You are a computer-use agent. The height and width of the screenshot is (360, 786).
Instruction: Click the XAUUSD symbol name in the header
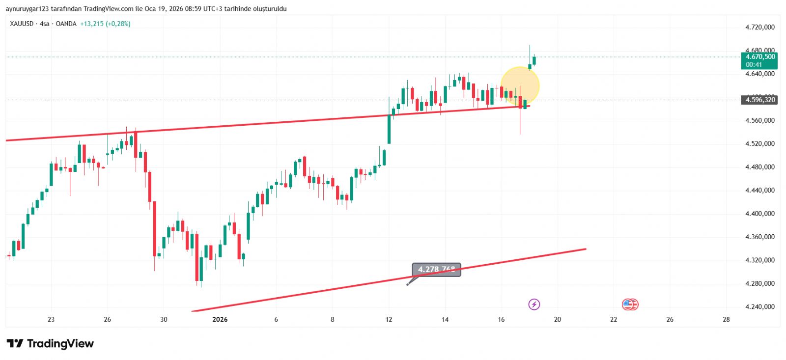[x=22, y=24]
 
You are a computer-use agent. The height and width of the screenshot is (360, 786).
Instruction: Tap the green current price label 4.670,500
[x=759, y=57]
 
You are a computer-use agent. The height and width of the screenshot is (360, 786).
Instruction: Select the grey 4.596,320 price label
[x=759, y=100]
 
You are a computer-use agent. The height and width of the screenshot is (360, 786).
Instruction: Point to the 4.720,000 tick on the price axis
[x=759, y=28]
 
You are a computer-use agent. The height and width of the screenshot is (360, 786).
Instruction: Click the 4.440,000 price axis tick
[x=759, y=191]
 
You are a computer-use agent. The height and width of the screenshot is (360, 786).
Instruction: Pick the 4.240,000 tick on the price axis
[x=759, y=307]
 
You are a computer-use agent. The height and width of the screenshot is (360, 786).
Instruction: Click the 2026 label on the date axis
[x=220, y=320]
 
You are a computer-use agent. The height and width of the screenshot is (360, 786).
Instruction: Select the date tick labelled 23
[x=51, y=320]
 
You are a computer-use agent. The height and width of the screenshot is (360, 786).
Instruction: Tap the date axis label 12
[x=389, y=320]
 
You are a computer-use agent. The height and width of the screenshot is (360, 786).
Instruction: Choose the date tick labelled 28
[x=726, y=320]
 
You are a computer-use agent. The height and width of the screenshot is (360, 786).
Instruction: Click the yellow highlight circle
[x=520, y=86]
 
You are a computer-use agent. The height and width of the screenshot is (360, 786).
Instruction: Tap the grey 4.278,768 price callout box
[x=436, y=270]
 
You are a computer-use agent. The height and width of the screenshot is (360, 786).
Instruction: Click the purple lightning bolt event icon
[x=534, y=305]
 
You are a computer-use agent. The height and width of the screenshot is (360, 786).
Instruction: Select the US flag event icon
[x=629, y=305]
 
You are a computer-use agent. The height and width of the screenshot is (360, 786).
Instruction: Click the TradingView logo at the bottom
[x=50, y=344]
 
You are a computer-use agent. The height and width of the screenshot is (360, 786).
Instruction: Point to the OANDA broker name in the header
[x=66, y=24]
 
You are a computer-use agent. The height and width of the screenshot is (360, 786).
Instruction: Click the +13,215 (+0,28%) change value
[x=105, y=24]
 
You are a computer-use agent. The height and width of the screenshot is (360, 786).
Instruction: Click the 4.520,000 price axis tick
[x=759, y=144]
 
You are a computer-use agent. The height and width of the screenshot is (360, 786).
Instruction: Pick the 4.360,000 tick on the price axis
[x=759, y=237]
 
